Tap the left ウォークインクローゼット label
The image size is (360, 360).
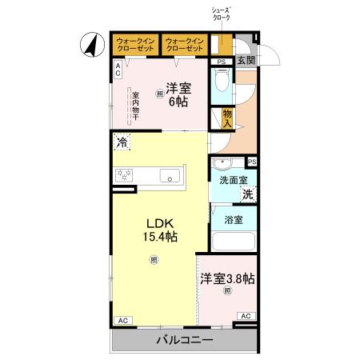(134, 44)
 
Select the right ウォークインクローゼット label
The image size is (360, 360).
(185, 44)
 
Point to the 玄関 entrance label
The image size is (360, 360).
(246, 61)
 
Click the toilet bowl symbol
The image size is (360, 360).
(222, 82)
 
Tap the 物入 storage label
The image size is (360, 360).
(227, 118)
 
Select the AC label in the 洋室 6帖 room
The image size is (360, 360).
(117, 70)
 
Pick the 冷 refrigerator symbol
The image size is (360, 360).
(122, 144)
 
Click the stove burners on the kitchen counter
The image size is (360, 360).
(125, 175)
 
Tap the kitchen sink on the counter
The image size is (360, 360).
(170, 176)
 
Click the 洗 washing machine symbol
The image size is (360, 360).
(248, 195)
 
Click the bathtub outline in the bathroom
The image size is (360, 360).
(234, 241)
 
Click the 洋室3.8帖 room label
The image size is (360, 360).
(227, 279)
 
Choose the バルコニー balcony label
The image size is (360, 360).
(184, 340)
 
